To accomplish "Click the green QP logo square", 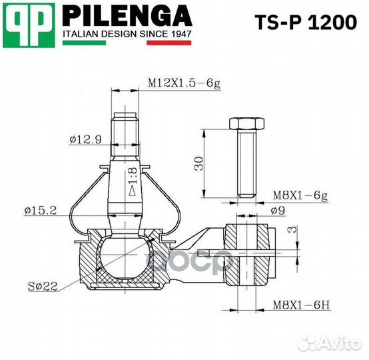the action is click(x=29, y=25).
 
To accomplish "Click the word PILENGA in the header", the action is click(x=127, y=15).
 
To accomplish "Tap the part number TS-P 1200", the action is click(x=306, y=23).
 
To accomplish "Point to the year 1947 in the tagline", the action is click(x=181, y=34).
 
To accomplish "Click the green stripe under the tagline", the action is click(x=84, y=43).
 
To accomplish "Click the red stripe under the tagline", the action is click(x=169, y=43).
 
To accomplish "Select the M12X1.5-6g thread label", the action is click(x=184, y=83).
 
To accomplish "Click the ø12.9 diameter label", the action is click(x=86, y=140).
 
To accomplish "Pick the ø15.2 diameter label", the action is click(x=41, y=210).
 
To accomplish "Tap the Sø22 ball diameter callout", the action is click(x=43, y=286).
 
